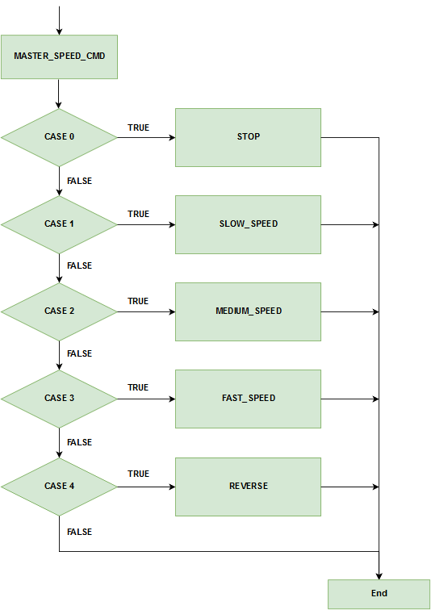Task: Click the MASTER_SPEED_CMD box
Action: click(59, 56)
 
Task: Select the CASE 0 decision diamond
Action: click(59, 137)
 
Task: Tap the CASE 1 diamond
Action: click(59, 224)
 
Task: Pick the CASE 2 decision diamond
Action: click(59, 311)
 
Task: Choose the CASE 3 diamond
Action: click(59, 399)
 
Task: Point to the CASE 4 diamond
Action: click(59, 487)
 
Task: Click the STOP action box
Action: click(248, 137)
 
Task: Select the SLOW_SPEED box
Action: click(248, 224)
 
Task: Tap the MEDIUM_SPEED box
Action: click(248, 311)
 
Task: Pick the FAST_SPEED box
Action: click(248, 399)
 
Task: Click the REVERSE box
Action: click(248, 487)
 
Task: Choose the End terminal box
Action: click(379, 594)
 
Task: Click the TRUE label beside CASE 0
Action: click(139, 127)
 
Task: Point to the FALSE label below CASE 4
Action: click(79, 532)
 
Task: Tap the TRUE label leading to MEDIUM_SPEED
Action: click(139, 301)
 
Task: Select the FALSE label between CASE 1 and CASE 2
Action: click(79, 265)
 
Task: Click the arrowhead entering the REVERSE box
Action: click(173, 487)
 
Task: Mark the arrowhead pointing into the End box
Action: click(379, 577)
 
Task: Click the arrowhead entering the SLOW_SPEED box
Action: click(173, 224)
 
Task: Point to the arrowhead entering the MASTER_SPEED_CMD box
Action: click(59, 32)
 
